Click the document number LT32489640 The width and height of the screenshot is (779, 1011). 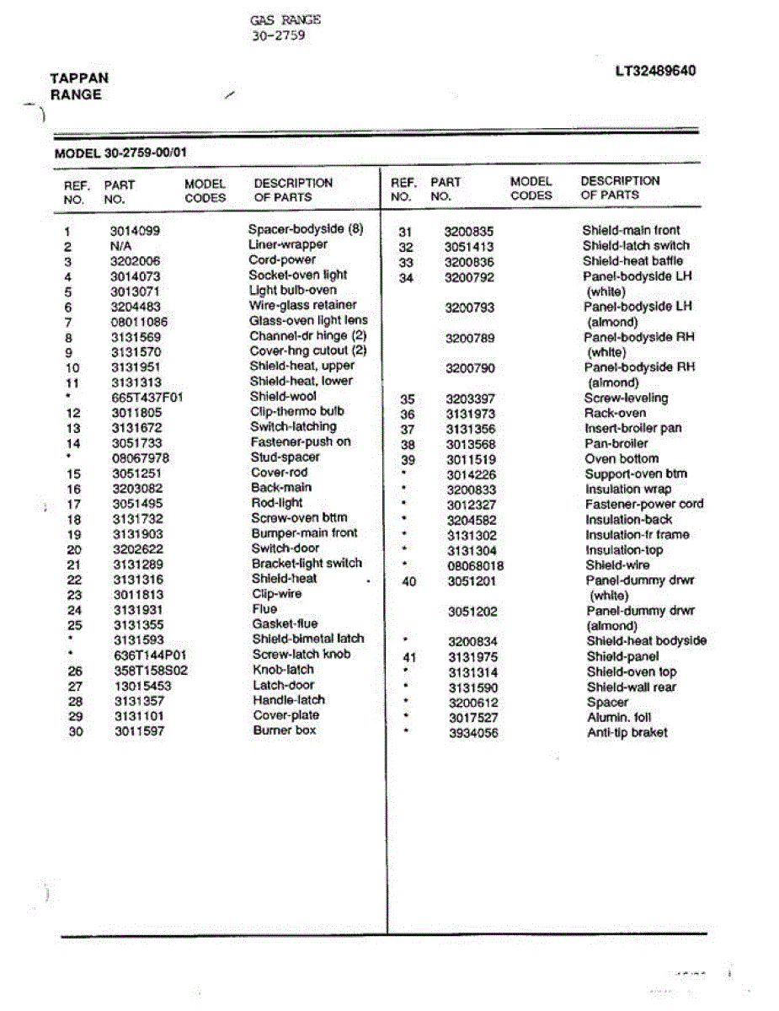coord(655,71)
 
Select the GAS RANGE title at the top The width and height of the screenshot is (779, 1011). coord(285,19)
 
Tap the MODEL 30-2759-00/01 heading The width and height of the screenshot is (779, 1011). coord(120,154)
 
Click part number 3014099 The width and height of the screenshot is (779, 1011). coord(135,231)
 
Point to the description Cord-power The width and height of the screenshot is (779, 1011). coord(282,259)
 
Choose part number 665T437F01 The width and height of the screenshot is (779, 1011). coord(147,397)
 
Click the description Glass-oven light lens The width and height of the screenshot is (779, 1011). coord(308,320)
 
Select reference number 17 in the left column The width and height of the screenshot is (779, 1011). coord(74,504)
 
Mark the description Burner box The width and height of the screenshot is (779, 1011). coord(285,730)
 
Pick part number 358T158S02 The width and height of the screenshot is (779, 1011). coord(151,671)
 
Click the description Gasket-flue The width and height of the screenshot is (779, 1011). coord(285,624)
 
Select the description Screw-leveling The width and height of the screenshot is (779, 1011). coord(626,398)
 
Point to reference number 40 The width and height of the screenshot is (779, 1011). coord(408,580)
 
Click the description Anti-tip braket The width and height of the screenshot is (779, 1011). coord(627,733)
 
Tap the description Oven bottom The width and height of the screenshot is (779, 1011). coord(622,458)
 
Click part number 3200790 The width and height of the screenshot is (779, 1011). coord(470,368)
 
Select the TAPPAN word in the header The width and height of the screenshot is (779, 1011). coord(79,78)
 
